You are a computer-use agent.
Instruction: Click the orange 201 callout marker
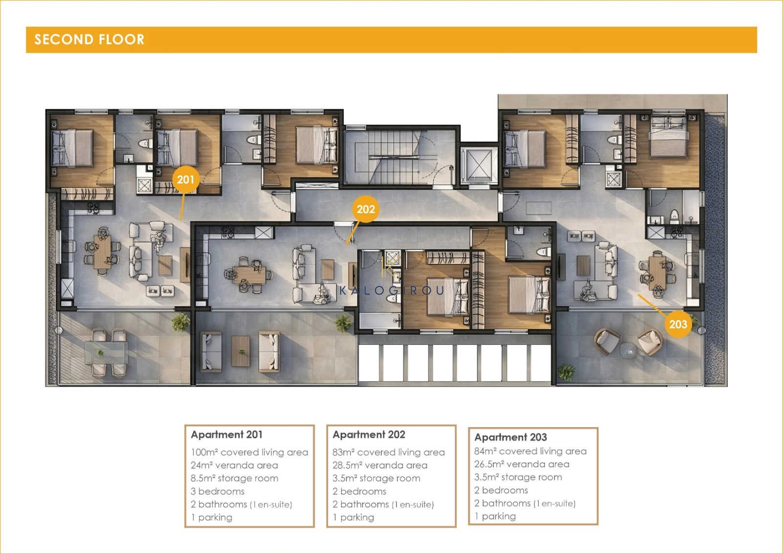tap(185, 179)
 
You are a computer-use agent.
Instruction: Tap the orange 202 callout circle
tap(366, 209)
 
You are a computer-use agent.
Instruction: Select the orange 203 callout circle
tap(678, 324)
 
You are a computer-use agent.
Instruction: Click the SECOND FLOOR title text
tap(90, 39)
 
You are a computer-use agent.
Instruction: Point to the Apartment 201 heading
tap(227, 434)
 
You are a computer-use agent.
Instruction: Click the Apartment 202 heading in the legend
tap(369, 434)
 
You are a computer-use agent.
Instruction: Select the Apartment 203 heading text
tap(510, 437)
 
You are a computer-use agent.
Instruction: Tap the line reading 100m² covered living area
tap(250, 452)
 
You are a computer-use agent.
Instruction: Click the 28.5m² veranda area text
tap(380, 465)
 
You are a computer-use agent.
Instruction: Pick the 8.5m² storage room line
tap(234, 478)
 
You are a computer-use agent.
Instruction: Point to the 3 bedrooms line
tap(217, 491)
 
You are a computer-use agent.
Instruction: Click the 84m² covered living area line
tap(530, 451)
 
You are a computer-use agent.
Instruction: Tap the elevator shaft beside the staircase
tap(479, 165)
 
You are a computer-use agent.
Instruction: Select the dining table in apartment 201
tap(102, 251)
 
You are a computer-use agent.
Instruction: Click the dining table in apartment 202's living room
tap(249, 275)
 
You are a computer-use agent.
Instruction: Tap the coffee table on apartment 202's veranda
tap(241, 351)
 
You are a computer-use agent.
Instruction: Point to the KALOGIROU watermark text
tap(392, 290)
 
